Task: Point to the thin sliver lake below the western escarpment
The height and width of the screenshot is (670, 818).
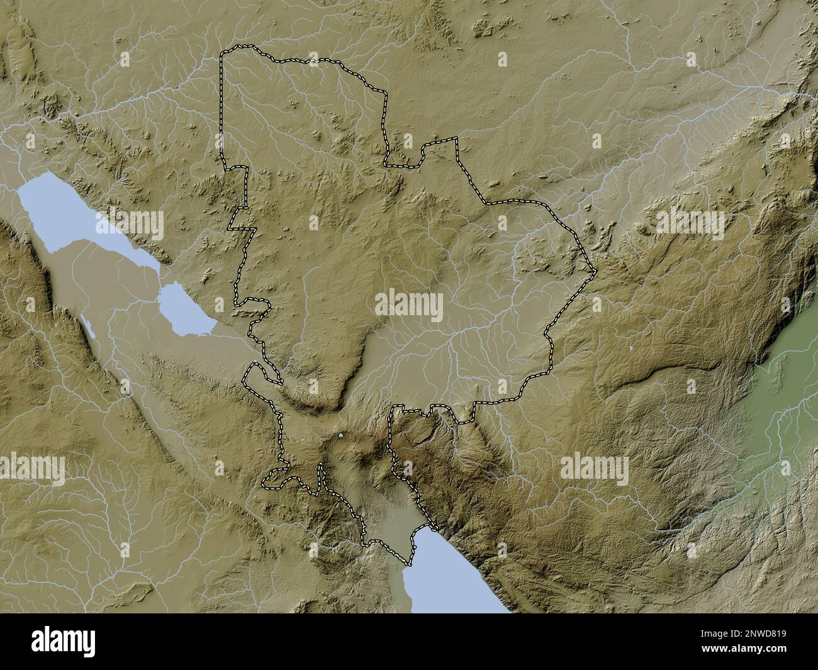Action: pyautogui.click(x=89, y=327)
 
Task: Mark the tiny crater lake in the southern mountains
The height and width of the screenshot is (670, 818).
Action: pyautogui.click(x=340, y=435)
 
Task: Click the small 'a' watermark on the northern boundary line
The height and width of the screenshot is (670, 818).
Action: pyautogui.click(x=313, y=60)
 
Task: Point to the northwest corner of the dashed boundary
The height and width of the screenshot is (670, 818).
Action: pyautogui.click(x=222, y=55)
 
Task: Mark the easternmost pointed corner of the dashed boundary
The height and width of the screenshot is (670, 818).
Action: pyautogui.click(x=595, y=271)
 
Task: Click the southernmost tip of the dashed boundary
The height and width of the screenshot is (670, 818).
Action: pyautogui.click(x=410, y=562)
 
